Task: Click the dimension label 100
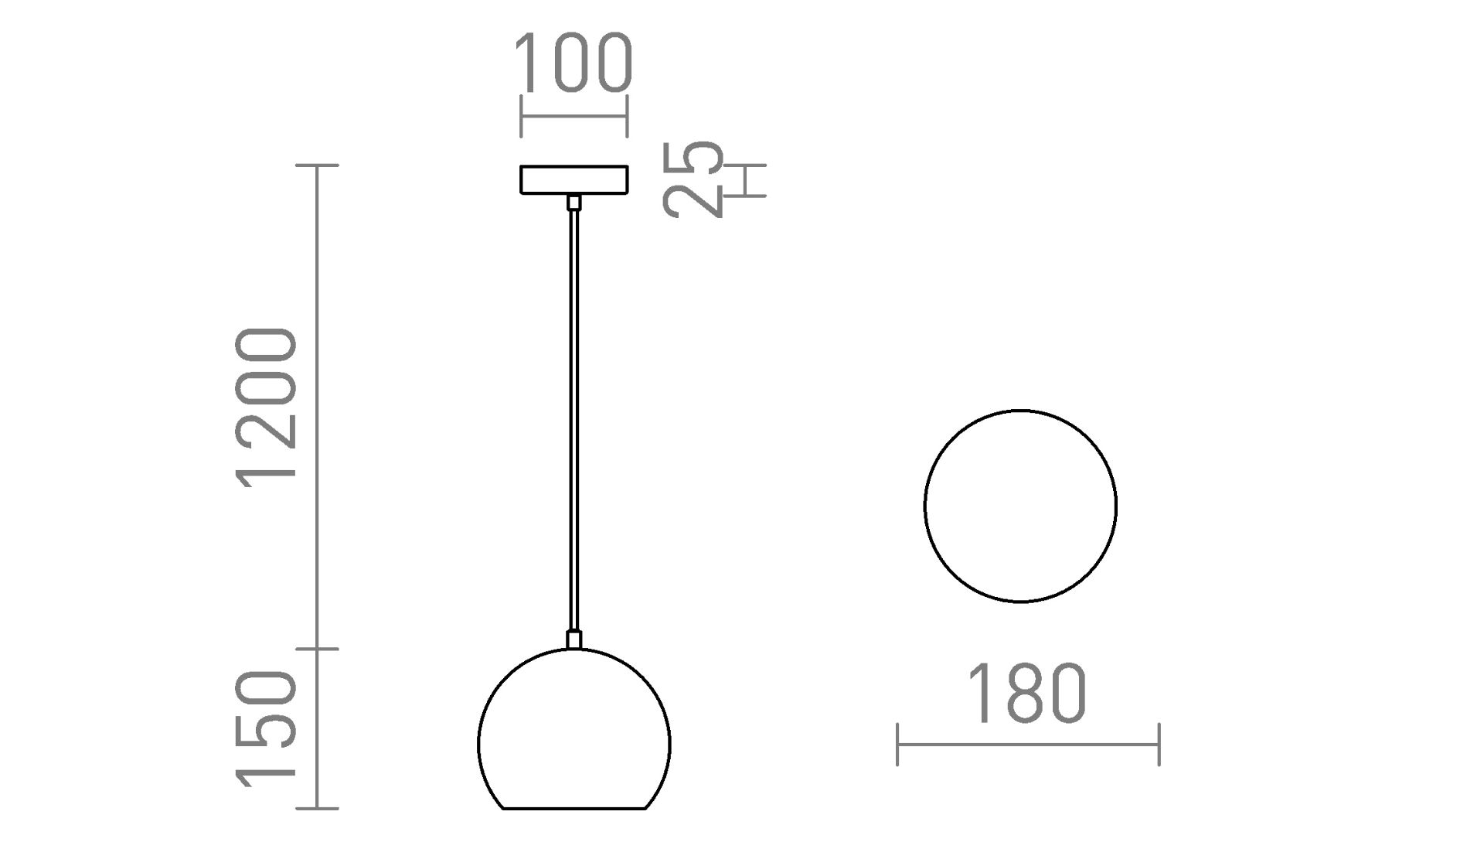pyautogui.click(x=574, y=63)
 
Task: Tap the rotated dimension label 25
pyautogui.click(x=693, y=179)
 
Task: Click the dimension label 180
pyautogui.click(x=1027, y=694)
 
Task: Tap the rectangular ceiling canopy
pyautogui.click(x=574, y=179)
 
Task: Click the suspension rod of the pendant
pyautogui.click(x=574, y=421)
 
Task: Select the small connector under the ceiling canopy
pyautogui.click(x=574, y=203)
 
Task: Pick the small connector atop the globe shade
pyautogui.click(x=574, y=639)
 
